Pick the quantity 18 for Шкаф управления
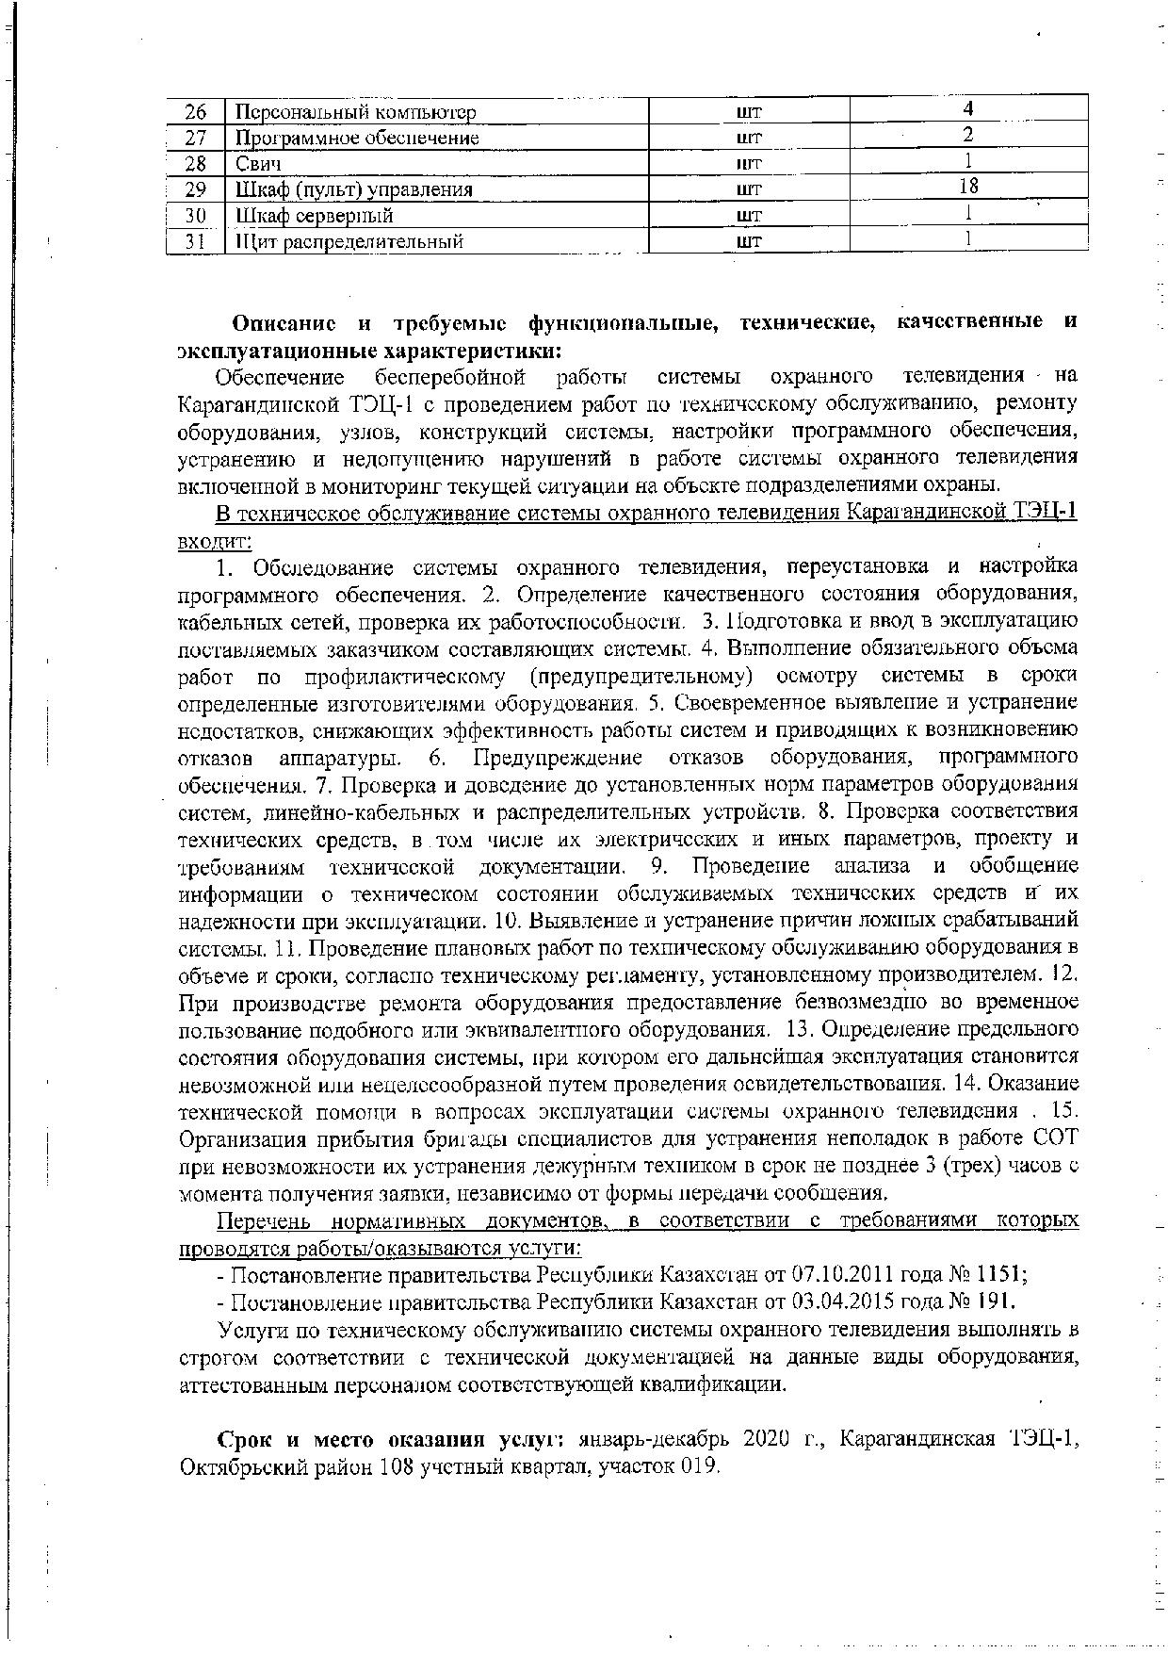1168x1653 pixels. [967, 187]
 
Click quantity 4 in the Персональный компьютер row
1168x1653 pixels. [967, 109]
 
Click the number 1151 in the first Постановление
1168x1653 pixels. [1001, 1275]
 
